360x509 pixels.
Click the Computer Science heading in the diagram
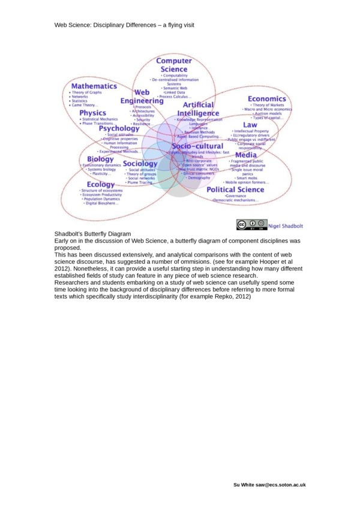tap(174, 65)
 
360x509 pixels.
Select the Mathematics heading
tap(94, 86)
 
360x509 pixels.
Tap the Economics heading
tap(266, 99)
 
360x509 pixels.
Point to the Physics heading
tap(92, 113)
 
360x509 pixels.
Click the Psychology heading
tap(119, 128)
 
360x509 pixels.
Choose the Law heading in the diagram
tap(250, 125)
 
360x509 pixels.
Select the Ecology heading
tap(100, 185)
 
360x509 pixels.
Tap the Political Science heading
tap(235, 189)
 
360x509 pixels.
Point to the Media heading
tap(245, 155)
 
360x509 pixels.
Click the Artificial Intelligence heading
tap(199, 109)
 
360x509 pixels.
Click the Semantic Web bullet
tap(175, 88)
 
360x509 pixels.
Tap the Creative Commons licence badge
tap(251, 225)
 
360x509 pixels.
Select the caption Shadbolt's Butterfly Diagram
tap(92, 234)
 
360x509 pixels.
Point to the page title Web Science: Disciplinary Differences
tap(124, 25)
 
